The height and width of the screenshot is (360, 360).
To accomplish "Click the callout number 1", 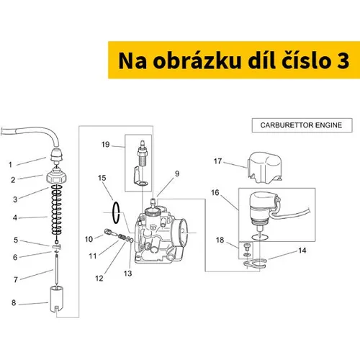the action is tap(10, 165).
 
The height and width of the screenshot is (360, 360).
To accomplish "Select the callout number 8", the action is tap(14, 303).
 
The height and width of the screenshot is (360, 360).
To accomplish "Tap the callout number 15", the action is tap(102, 178).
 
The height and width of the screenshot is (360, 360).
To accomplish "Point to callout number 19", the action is tap(105, 145).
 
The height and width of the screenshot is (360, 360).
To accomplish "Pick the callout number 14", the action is tap(302, 251).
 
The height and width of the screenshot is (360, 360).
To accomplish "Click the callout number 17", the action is tap(217, 161).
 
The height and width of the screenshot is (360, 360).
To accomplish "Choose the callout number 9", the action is tap(177, 174).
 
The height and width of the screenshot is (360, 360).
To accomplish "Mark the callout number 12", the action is tap(99, 278).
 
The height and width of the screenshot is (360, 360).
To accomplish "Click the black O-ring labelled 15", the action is tap(116, 213).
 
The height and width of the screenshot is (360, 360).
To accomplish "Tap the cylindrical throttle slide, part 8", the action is tap(57, 299).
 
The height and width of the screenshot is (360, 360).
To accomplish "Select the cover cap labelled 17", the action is tap(264, 167).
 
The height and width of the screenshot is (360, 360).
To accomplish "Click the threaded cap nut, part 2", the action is tap(56, 176).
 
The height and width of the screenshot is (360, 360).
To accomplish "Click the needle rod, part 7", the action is tap(57, 271).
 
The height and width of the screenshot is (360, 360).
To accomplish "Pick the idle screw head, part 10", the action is tap(107, 232).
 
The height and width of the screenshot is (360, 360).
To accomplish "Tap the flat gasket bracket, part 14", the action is tap(255, 264).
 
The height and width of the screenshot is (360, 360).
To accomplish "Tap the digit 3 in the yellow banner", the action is tap(343, 61).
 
